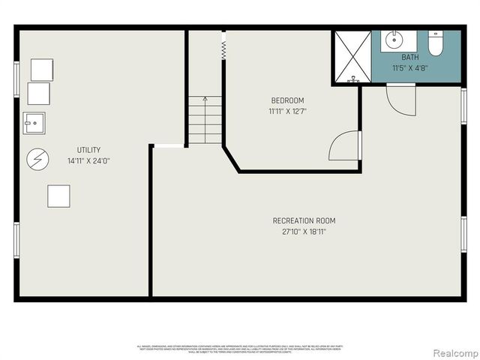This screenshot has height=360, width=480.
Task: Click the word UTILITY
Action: point(88,150)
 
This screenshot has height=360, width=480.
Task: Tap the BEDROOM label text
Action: point(287,100)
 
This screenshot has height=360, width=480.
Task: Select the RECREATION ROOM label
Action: point(304,220)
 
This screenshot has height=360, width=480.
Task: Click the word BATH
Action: point(410,57)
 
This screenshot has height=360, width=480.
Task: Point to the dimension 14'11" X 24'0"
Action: point(88,160)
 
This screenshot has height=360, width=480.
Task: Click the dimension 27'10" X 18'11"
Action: point(304,232)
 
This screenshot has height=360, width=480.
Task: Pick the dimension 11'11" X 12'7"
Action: point(287,111)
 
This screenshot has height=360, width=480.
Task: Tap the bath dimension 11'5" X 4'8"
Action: point(410,67)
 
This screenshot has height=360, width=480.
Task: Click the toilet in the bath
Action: point(436,44)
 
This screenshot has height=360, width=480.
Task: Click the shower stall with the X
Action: point(351,57)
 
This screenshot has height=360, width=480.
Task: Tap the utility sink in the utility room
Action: point(34,122)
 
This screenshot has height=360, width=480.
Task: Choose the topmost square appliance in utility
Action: point(41,69)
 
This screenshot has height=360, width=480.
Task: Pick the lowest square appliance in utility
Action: point(58,196)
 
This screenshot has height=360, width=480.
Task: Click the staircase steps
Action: point(205,120)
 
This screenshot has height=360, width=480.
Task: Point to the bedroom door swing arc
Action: point(343,146)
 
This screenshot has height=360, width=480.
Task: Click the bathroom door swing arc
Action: point(401,100)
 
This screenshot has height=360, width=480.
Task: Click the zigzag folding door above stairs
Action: point(223,49)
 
